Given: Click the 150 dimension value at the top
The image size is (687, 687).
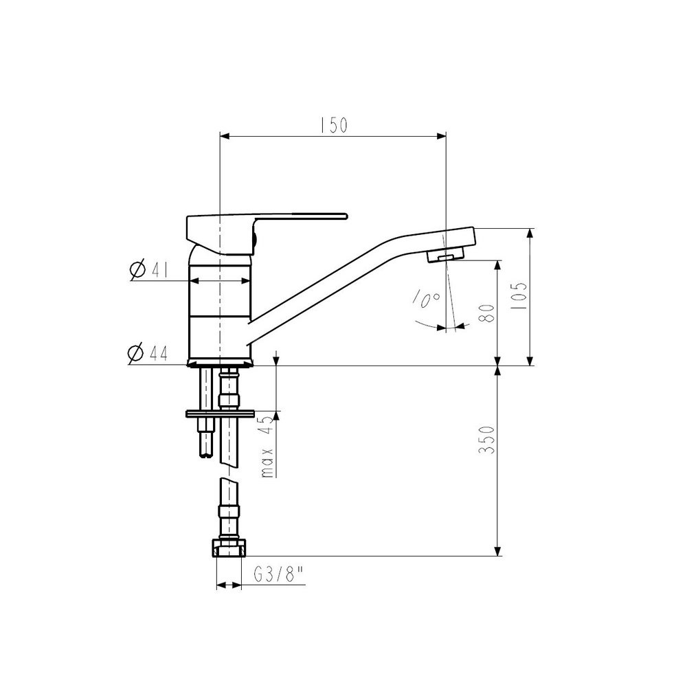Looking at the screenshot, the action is (333, 125).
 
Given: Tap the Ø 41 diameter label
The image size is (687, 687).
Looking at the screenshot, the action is (149, 270).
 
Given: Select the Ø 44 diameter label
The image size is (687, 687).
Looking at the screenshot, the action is (148, 353).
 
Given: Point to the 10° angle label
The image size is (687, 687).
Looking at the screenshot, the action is (427, 299).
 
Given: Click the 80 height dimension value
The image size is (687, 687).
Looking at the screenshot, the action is (487, 313).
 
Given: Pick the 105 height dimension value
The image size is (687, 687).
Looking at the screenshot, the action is (520, 297).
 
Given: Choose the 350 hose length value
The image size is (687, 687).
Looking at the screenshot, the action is (487, 440).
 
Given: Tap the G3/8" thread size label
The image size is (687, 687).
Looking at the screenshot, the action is (279, 574).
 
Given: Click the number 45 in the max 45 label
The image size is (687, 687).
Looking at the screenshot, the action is (266, 424).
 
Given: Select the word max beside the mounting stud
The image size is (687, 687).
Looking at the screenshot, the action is (267, 462).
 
